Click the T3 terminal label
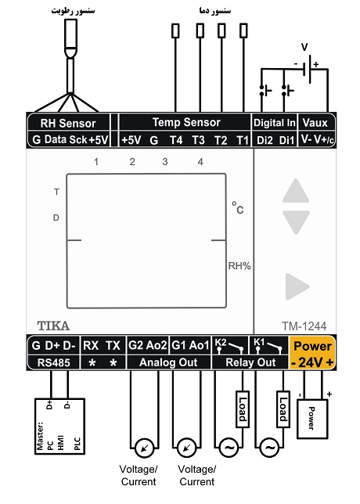(x=198, y=140)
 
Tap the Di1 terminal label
(x=286, y=140)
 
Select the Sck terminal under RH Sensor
(x=78, y=139)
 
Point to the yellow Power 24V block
(x=312, y=353)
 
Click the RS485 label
(x=54, y=362)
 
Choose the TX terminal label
(x=113, y=346)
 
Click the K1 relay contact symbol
(x=268, y=346)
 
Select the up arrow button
(x=296, y=191)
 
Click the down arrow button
(x=296, y=221)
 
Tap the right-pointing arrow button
(x=297, y=286)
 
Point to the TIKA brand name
(x=53, y=326)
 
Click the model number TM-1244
(x=304, y=326)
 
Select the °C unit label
(x=238, y=208)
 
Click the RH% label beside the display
(x=239, y=266)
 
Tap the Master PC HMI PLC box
(x=59, y=427)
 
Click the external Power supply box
(x=312, y=419)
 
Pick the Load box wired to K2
(x=243, y=409)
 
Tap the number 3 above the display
(x=165, y=162)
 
